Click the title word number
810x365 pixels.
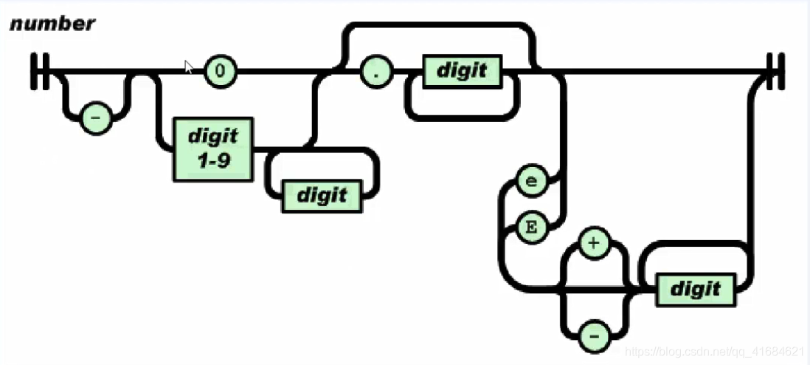pyautogui.click(x=52, y=24)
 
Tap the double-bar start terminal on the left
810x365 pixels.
pyautogui.click(x=40, y=71)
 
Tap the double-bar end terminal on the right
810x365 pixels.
pyautogui.click(x=775, y=71)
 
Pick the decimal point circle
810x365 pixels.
pyautogui.click(x=376, y=72)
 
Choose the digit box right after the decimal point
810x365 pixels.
pyautogui.click(x=462, y=72)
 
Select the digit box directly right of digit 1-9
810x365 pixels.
pyautogui.click(x=322, y=195)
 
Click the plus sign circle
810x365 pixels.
pyautogui.click(x=595, y=243)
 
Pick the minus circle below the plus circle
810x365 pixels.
pyautogui.click(x=595, y=337)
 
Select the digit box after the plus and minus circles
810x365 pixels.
pyautogui.click(x=695, y=289)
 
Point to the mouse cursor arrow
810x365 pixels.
pyautogui.click(x=188, y=66)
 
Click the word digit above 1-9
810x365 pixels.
pyautogui.click(x=213, y=137)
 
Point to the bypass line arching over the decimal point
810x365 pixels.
pyautogui.click(x=439, y=28)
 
